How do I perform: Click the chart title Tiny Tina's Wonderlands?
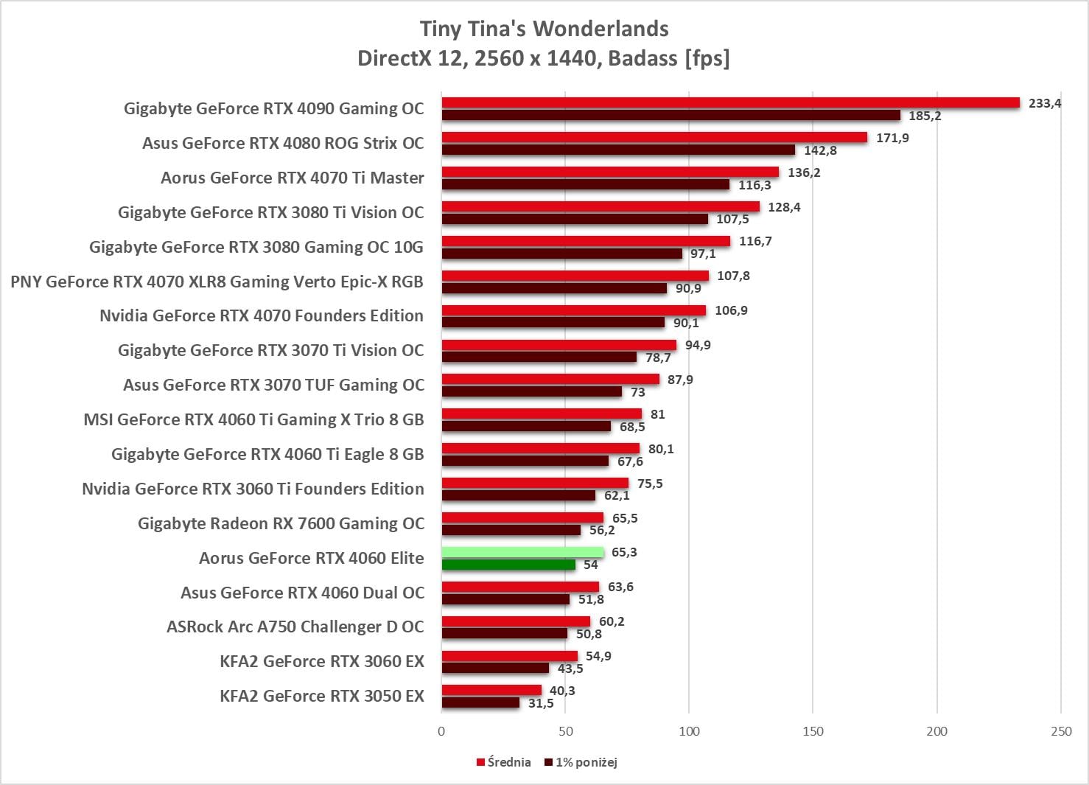click(544, 29)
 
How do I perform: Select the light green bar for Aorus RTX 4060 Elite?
click(522, 552)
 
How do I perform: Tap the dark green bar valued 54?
click(508, 565)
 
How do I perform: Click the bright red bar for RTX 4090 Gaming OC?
click(730, 102)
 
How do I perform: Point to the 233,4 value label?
click(1045, 103)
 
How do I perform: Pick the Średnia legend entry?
click(504, 762)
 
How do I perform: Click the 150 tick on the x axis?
click(813, 731)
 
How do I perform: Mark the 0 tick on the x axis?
click(441, 731)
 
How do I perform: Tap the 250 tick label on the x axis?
click(1061, 731)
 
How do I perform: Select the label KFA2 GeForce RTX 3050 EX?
click(322, 696)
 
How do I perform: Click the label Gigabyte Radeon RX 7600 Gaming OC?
click(281, 523)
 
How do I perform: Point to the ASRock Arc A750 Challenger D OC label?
click(295, 627)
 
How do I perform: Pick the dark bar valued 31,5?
click(480, 703)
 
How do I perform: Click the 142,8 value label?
click(820, 150)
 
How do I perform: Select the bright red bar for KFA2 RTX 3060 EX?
click(509, 656)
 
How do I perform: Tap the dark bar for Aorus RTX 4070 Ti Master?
click(585, 185)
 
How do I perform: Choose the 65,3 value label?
click(624, 552)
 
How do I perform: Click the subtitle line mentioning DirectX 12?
click(544, 58)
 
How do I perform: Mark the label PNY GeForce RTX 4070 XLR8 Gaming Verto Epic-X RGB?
click(217, 282)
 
